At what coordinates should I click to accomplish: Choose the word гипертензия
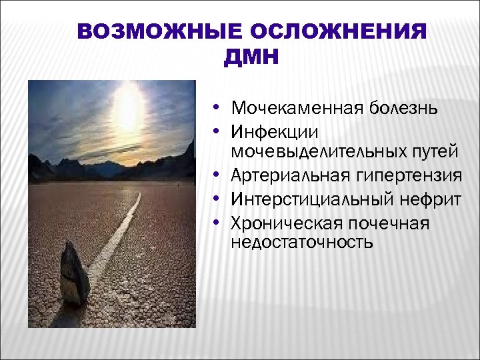click(x=413, y=176)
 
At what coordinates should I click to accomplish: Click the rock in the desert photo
click(x=74, y=273)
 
